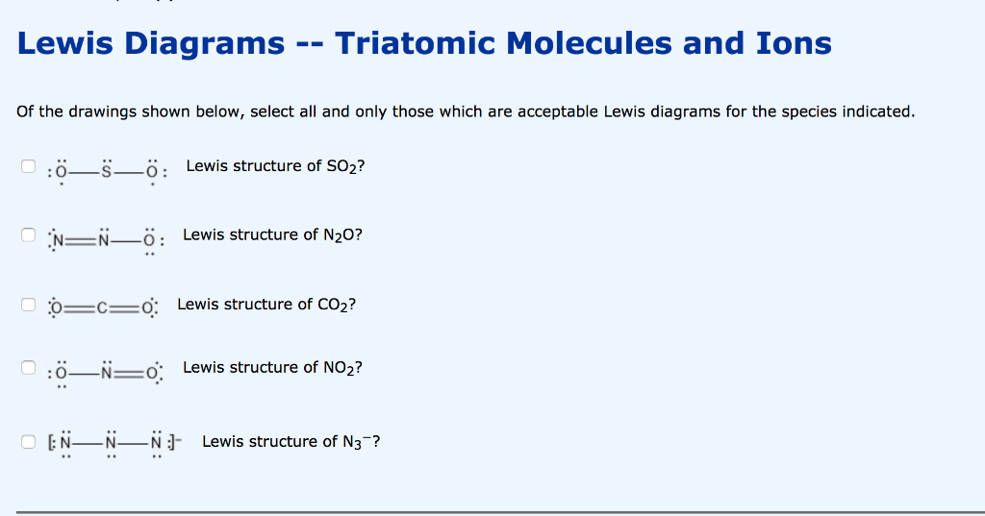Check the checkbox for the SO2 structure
click(28, 166)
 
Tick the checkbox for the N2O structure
click(28, 235)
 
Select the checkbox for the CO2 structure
click(28, 306)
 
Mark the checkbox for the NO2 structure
click(28, 368)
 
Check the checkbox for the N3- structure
click(28, 442)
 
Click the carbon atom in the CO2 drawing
click(100, 307)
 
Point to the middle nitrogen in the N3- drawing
click(112, 443)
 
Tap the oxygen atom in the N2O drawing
click(149, 241)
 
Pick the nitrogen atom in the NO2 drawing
click(110, 371)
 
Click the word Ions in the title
click(795, 43)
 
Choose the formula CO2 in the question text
click(334, 305)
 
